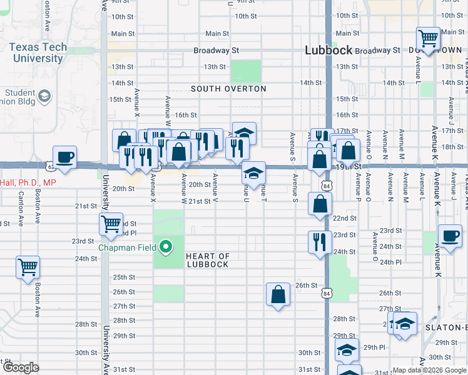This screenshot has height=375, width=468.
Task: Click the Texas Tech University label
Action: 36,53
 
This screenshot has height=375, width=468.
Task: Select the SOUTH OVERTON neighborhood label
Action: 228,89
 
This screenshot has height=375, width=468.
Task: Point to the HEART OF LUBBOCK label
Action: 208,260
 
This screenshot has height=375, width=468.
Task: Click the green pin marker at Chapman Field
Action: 166,248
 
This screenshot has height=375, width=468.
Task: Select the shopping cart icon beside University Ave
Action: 111,224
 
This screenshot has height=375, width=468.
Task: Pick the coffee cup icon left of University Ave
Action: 64,157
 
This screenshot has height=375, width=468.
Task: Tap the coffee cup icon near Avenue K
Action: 450,236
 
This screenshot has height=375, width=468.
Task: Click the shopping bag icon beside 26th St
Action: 278,294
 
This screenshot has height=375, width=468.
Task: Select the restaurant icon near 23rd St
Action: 320,242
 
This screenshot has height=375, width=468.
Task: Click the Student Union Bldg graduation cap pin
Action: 44,96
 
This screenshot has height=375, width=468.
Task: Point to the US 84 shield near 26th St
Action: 325,292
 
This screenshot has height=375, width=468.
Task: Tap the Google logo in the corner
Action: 21,367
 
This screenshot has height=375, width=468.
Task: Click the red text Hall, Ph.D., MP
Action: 28,182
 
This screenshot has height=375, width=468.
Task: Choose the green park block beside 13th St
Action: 245,72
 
